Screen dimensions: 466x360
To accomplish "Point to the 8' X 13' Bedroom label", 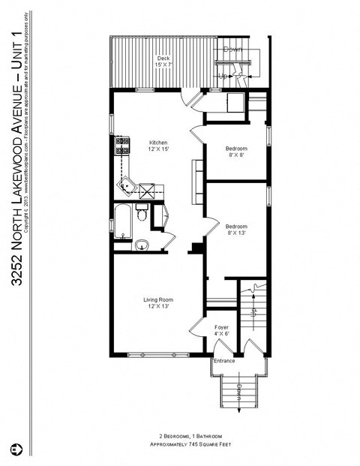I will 236,229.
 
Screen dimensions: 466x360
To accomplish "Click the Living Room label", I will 157,303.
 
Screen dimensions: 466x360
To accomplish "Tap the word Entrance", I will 224,361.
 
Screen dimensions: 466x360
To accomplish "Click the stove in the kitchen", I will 121,145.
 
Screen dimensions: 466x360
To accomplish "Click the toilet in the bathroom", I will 141,214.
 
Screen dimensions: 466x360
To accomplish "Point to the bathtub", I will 122,221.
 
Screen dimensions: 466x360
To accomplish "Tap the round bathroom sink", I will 142,244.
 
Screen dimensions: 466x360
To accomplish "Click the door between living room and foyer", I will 196,326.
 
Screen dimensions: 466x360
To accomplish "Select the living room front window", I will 157,354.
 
